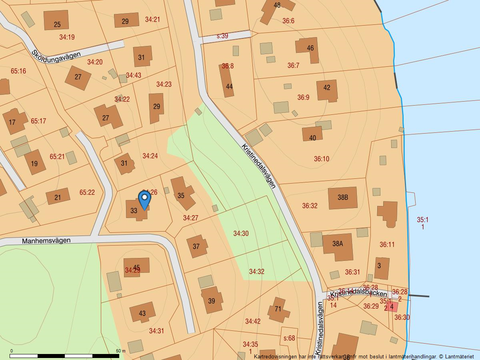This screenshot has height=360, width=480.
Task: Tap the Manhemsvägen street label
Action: pyautogui.click(x=46, y=241)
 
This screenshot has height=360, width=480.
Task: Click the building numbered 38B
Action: pyautogui.click(x=343, y=198)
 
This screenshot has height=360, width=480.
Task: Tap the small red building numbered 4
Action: pyautogui.click(x=392, y=307)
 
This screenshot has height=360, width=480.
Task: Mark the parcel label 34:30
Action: pyautogui.click(x=241, y=234)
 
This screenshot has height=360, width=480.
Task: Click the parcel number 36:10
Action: pyautogui.click(x=321, y=159)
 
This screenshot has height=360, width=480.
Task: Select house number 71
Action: pyautogui.click(x=278, y=309)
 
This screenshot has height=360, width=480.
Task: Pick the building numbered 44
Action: pyautogui.click(x=229, y=86)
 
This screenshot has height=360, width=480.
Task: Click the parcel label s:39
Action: pyautogui.click(x=222, y=36)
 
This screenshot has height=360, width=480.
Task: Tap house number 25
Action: pyautogui.click(x=57, y=24)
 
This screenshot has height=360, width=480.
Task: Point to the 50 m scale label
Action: pyautogui.click(x=121, y=351)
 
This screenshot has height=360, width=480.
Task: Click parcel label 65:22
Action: pyautogui.click(x=87, y=192)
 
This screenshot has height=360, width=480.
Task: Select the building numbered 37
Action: pyautogui.click(x=196, y=246)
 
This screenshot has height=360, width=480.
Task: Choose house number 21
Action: pyautogui.click(x=58, y=197)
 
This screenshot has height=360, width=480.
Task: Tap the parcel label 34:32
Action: pyautogui.click(x=256, y=272)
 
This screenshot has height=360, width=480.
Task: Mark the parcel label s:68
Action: pyautogui.click(x=289, y=338)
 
